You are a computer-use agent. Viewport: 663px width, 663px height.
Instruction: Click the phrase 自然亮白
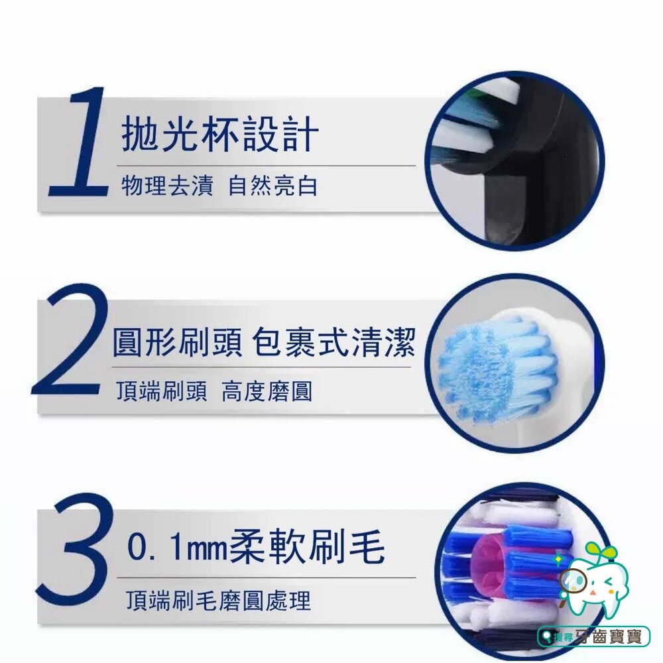272,186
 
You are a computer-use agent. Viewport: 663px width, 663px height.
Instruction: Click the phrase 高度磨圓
267,392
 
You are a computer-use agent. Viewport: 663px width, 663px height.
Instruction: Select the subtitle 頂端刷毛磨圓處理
218,601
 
